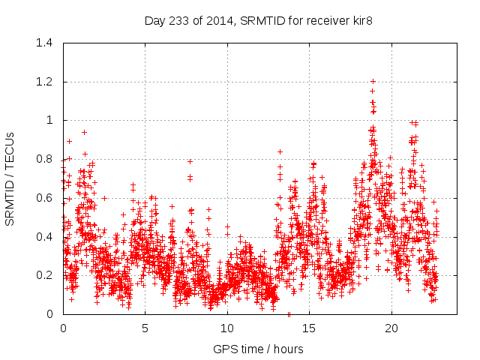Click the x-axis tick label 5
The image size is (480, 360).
click(145, 328)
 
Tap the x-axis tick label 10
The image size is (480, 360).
click(227, 328)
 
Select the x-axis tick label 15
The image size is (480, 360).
click(309, 328)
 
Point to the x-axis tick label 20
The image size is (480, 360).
click(391, 328)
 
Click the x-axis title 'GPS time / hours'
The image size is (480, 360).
click(258, 349)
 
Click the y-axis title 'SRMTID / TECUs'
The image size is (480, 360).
click(10, 178)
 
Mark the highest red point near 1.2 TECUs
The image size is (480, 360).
click(373, 81)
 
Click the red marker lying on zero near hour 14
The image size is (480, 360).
click(289, 314)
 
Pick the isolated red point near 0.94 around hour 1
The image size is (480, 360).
click(84, 132)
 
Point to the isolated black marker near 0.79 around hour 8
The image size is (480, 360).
click(190, 161)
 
